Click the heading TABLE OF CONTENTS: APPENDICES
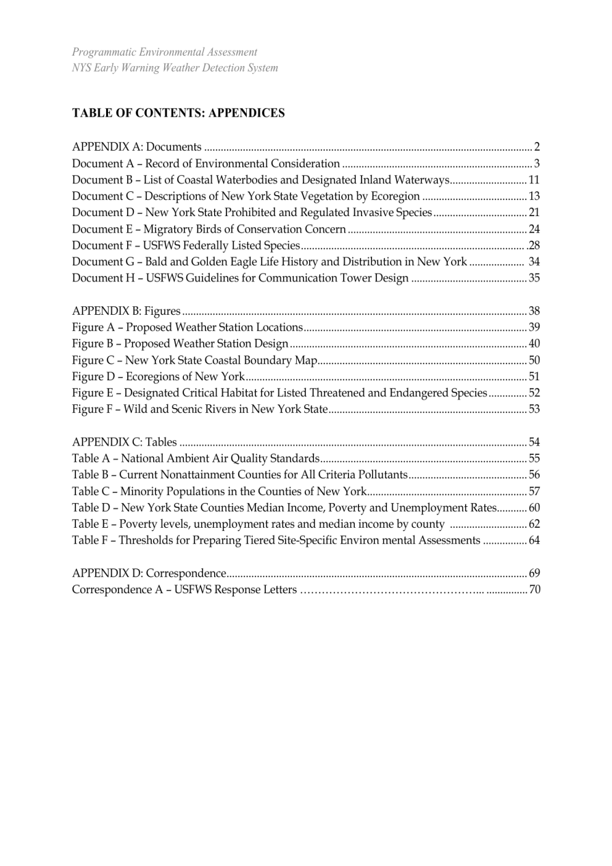click(x=178, y=113)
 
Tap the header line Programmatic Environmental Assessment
click(x=164, y=52)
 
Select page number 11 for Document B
click(x=534, y=180)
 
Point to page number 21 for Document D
click(x=534, y=212)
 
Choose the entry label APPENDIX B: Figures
click(x=126, y=311)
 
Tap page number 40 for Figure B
click(x=534, y=344)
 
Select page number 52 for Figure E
click(x=534, y=393)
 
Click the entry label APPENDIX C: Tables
click(x=124, y=442)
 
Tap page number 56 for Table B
click(x=534, y=475)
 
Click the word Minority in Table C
click(x=141, y=491)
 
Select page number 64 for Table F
click(x=534, y=540)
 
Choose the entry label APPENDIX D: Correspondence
click(x=149, y=573)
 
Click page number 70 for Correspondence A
click(x=534, y=589)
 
